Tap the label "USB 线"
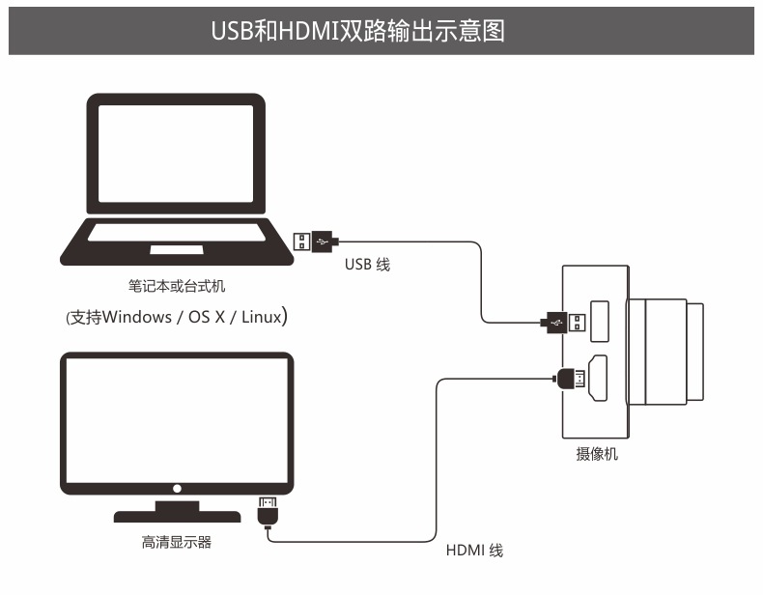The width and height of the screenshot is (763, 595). point(367,264)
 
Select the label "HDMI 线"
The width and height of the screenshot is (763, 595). point(474,551)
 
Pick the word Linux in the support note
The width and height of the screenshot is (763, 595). point(262,316)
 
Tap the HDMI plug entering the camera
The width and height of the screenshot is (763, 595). point(571,380)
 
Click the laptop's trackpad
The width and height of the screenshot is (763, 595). point(176,250)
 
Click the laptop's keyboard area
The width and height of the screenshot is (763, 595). point(176,232)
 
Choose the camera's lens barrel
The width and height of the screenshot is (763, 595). point(667,351)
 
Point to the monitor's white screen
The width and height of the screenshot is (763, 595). point(176,421)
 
